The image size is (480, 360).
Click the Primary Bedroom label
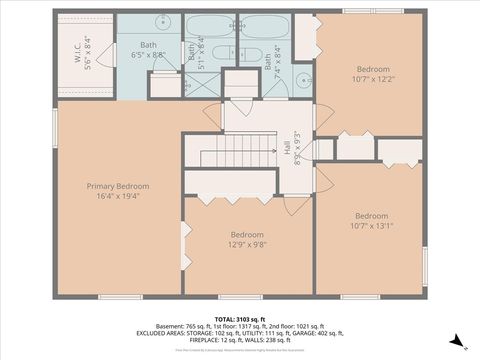coord(118,192)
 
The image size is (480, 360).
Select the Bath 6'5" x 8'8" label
coord(148,51)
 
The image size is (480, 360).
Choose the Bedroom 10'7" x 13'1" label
coord(371,221)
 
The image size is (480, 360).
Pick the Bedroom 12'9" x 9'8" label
coord(247,239)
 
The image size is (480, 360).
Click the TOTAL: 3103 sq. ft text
coord(241,318)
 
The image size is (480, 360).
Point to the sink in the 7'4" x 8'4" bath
coord(303,82)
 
